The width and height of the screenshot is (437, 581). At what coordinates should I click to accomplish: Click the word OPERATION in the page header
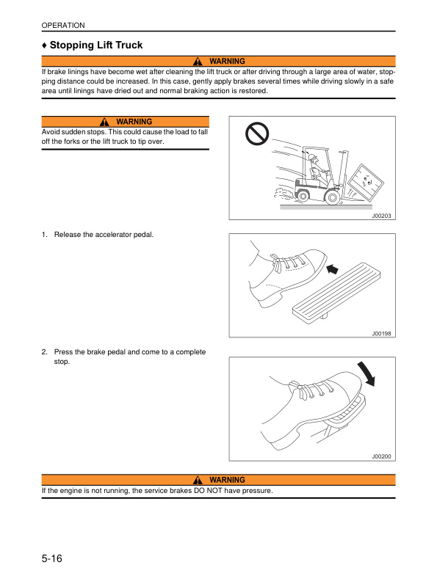click(x=63, y=26)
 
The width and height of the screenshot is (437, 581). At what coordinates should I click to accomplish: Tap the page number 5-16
click(x=51, y=559)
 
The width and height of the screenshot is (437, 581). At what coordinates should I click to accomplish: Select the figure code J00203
click(x=381, y=216)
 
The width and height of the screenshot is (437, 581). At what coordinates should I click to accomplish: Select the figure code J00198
click(x=381, y=333)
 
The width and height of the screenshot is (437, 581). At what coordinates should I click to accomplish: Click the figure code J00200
click(x=381, y=456)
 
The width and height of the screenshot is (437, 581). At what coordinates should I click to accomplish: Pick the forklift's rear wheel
click(x=302, y=194)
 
